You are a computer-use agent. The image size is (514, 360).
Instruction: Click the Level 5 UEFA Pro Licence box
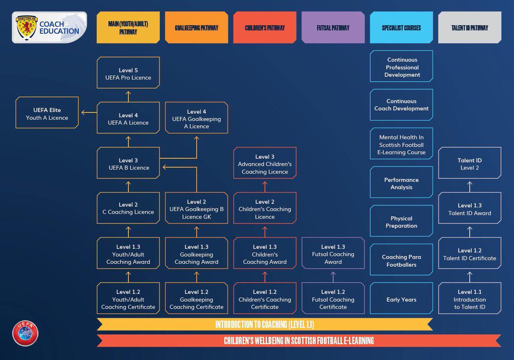pyautogui.click(x=128, y=72)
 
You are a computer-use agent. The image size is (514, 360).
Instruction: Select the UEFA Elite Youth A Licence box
pyautogui.click(x=47, y=112)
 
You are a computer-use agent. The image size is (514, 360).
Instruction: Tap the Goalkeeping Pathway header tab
pyautogui.click(x=197, y=27)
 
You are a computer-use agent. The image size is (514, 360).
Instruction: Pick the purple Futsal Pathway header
pyautogui.click(x=333, y=27)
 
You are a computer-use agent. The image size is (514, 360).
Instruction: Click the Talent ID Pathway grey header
pyautogui.click(x=470, y=27)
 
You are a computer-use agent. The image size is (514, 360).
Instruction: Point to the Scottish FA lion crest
pyautogui.click(x=27, y=28)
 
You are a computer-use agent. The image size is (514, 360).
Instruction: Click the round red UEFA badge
pyautogui.click(x=25, y=333)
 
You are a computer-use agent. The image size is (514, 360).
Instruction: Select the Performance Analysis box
pyautogui.click(x=401, y=182)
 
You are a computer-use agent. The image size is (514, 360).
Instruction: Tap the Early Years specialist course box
pyautogui.click(x=401, y=298)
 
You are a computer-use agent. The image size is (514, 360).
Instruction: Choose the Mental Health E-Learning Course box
pyautogui.click(x=401, y=143)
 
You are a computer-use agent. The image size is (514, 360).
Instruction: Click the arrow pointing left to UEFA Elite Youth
pyautogui.click(x=89, y=113)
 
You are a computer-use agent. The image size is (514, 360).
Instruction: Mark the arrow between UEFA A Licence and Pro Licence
pyautogui.click(x=128, y=96)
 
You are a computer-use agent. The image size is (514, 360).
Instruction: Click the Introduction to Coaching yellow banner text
pyautogui.click(x=265, y=324)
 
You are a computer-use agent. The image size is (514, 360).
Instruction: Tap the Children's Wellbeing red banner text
pyautogui.click(x=299, y=340)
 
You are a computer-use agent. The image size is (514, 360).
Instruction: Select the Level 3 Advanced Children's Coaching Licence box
pyautogui.click(x=265, y=163)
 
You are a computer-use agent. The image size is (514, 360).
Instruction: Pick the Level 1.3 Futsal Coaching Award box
pyautogui.click(x=333, y=253)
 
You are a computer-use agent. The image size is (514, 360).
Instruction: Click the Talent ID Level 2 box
pyautogui.click(x=470, y=163)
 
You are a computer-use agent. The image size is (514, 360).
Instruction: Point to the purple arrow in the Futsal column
pyautogui.click(x=333, y=277)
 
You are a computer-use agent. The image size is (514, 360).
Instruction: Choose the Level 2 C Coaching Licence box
pyautogui.click(x=128, y=208)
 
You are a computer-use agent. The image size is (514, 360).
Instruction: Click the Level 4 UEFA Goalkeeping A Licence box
pyautogui.click(x=197, y=118)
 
